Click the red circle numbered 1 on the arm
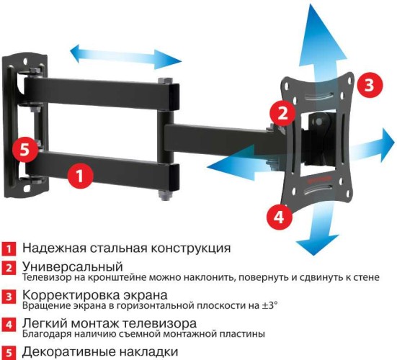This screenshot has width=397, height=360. point(81,174)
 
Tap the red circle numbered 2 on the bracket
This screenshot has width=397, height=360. point(283,113)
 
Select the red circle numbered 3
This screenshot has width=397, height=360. point(368,85)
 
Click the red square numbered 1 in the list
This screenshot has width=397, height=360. point(8,249)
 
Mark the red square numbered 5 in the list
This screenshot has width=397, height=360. point(8,352)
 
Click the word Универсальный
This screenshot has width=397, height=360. point(67,267)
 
